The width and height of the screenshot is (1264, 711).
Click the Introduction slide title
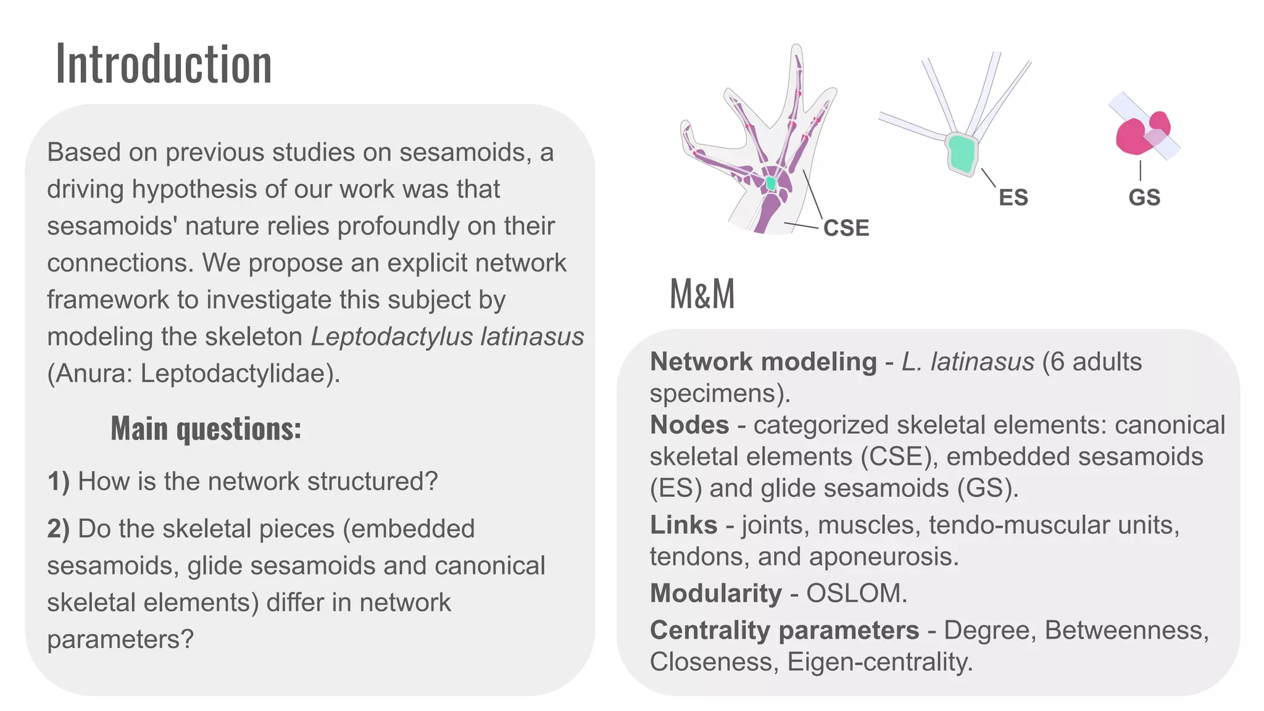click(164, 64)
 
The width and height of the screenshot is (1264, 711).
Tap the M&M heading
click(702, 294)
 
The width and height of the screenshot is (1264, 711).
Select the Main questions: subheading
click(206, 428)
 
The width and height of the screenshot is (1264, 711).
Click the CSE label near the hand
click(846, 228)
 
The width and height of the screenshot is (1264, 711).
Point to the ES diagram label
click(1013, 197)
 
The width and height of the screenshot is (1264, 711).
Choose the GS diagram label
click(1144, 197)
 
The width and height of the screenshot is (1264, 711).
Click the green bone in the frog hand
click(770, 183)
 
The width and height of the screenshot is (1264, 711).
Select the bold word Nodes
click(689, 425)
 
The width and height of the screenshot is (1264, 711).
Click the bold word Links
click(683, 525)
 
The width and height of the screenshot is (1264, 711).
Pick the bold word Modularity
click(715, 594)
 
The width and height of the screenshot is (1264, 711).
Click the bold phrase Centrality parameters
click(784, 631)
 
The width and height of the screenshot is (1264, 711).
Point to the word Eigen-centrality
click(879, 662)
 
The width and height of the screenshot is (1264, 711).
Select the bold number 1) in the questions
click(58, 482)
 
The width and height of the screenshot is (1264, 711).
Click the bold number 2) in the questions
click(58, 530)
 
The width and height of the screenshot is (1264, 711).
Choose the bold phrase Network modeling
click(763, 362)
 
